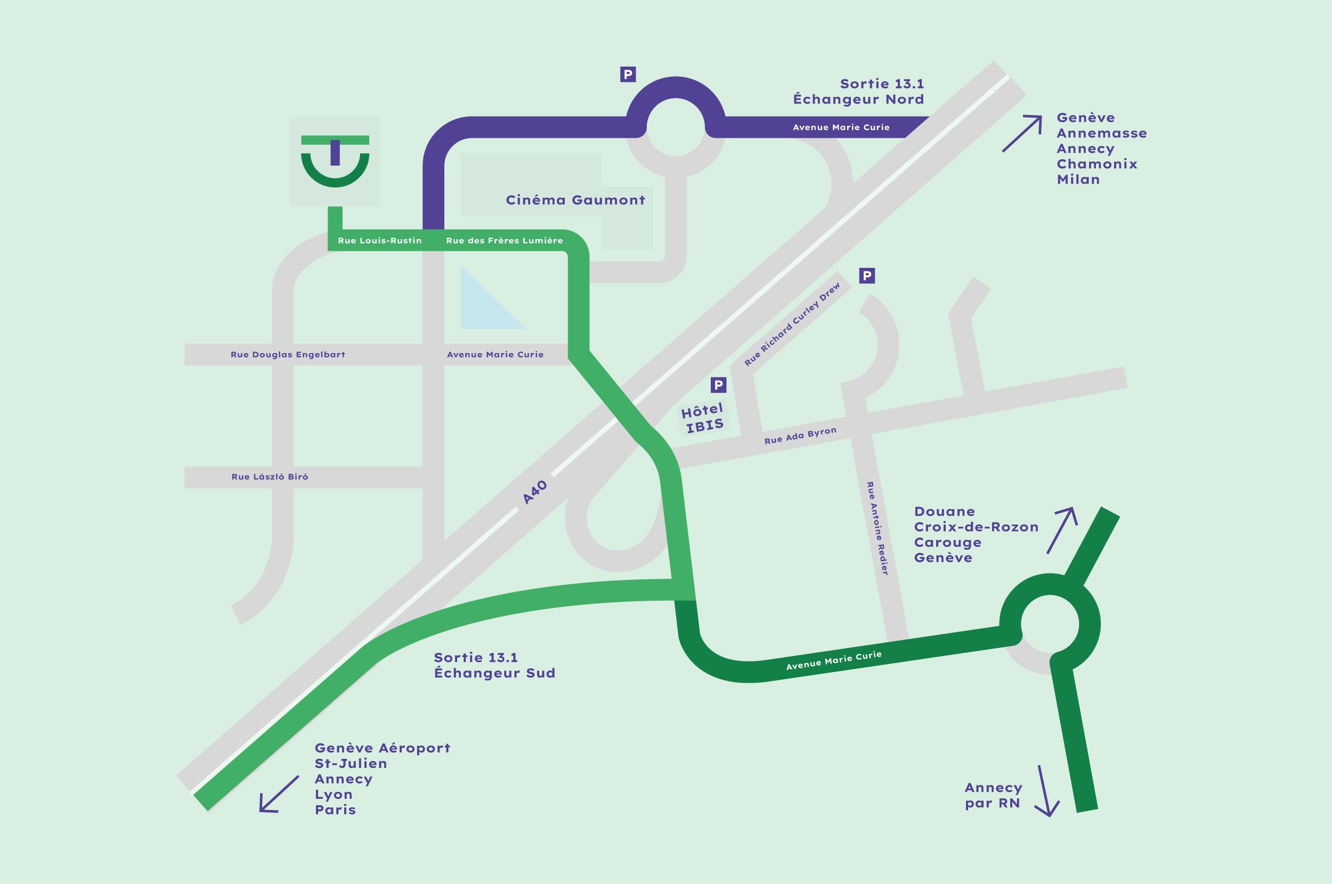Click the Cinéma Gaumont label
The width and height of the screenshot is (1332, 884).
(x=575, y=200)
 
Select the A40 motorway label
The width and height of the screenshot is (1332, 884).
(x=534, y=492)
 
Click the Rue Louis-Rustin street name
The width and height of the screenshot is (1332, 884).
(x=379, y=241)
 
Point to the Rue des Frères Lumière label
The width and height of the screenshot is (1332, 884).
(x=504, y=241)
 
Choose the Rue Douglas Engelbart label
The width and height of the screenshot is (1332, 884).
(x=288, y=355)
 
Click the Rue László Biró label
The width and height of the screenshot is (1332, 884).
(x=270, y=477)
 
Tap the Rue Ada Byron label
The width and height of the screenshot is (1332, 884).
(x=800, y=435)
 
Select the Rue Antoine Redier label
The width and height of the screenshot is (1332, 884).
(x=878, y=528)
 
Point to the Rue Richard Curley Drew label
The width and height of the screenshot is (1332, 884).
(x=792, y=324)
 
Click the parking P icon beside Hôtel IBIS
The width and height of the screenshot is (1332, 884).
(x=718, y=385)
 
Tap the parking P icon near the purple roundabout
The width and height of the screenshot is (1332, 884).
(x=628, y=75)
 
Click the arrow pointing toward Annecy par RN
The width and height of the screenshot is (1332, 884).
(x=1046, y=791)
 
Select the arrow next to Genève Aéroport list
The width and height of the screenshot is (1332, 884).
(x=278, y=795)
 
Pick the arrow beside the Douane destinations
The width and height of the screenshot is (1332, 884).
(x=1062, y=529)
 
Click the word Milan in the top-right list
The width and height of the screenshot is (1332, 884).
(x=1078, y=180)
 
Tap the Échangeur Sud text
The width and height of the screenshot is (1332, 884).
(x=494, y=673)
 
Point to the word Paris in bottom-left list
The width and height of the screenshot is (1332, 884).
(x=335, y=810)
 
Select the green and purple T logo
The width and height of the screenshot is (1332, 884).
(x=335, y=161)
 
